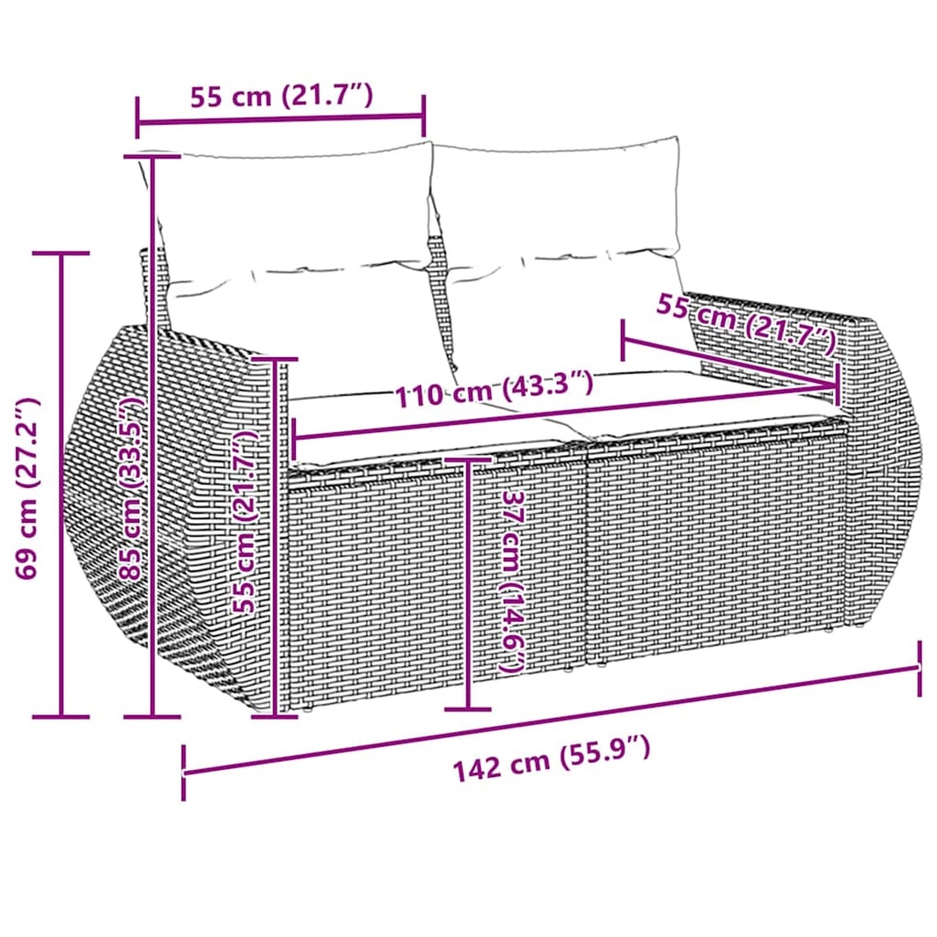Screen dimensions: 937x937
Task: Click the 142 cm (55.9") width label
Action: coord(551,760)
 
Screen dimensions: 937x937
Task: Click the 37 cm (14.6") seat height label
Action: coord(510,581)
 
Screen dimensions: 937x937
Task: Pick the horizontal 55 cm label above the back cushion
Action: coord(281,97)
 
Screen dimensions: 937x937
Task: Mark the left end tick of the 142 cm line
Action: coord(183,773)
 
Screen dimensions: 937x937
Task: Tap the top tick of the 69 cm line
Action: coord(61,253)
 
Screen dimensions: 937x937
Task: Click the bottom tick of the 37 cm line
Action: coord(468,709)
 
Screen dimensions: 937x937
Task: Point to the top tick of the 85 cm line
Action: coord(152,156)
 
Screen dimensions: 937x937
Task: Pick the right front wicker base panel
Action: coord(712,543)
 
